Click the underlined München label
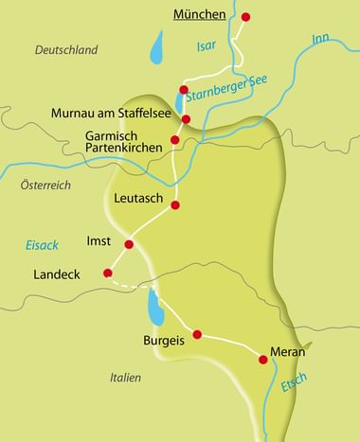point(199,14)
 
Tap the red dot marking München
point(246,17)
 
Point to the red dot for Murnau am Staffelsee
point(186,119)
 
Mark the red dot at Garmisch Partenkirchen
point(174,140)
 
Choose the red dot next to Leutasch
point(174,204)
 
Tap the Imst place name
point(99,241)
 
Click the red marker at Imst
point(129,244)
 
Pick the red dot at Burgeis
point(197,334)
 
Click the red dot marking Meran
point(263,359)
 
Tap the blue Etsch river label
point(294,386)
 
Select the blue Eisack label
point(42,245)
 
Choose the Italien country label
point(124,378)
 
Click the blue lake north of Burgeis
point(153,306)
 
